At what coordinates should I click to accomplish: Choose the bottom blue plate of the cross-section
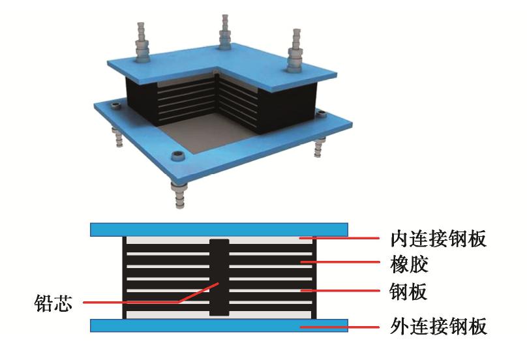[x=219, y=325]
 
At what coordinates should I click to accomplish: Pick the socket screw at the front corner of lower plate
[x=177, y=155]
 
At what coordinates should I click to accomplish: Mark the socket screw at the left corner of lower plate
[x=115, y=106]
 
